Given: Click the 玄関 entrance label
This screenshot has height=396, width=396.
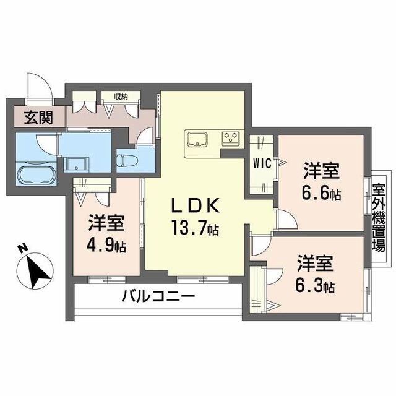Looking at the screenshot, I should pos(38,117).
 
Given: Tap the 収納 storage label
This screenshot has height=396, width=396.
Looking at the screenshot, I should pos(120,96).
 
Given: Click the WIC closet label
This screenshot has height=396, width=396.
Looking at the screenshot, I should pos(260,163).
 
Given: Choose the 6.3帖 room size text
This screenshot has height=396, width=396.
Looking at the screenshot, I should pos(316,286).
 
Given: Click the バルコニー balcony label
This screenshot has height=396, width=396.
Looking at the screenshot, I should pos(158,296).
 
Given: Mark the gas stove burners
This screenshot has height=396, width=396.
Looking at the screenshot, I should pos(231,137).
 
